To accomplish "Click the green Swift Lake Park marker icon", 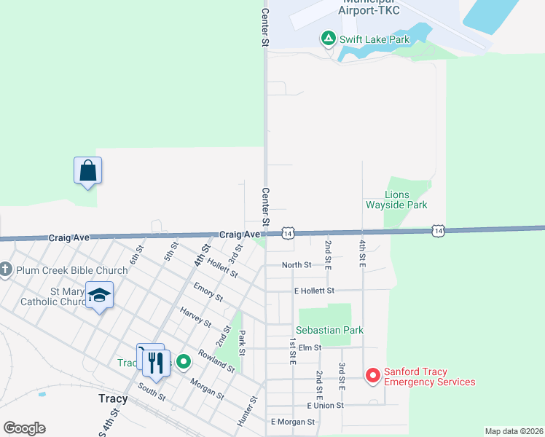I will click(329, 38).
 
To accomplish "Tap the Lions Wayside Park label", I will click(407, 200).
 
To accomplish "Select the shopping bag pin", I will click(87, 170).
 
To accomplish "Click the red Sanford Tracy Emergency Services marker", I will click(372, 376).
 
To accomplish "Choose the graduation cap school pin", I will click(99, 295).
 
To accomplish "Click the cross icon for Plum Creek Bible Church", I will click(5, 270).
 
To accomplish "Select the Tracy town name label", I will click(113, 398).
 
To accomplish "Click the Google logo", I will click(24, 428).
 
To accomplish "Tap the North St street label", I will click(297, 265).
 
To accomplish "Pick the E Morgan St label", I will click(292, 422).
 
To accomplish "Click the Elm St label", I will click(310, 348).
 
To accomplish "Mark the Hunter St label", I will click(248, 411).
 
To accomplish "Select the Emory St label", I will click(208, 293).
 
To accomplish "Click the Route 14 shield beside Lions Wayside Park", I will click(437, 229).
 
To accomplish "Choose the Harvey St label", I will click(195, 318).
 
